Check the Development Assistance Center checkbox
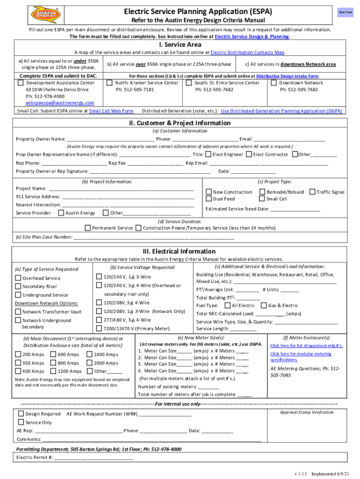[x=21, y=83]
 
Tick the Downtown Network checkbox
[x=274, y=83]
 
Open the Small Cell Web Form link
[x=111, y=111]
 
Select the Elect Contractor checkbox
[x=249, y=154]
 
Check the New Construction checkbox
[x=209, y=192]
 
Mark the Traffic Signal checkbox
[x=312, y=192]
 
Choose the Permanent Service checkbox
[x=87, y=228]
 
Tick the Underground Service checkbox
[x=18, y=295]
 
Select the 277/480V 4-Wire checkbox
[x=99, y=320]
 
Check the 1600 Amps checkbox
[x=90, y=355]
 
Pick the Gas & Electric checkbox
[x=263, y=305]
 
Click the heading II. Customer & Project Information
[x=180, y=123]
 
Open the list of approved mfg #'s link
[x=307, y=346]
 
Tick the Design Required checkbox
[x=21, y=414]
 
